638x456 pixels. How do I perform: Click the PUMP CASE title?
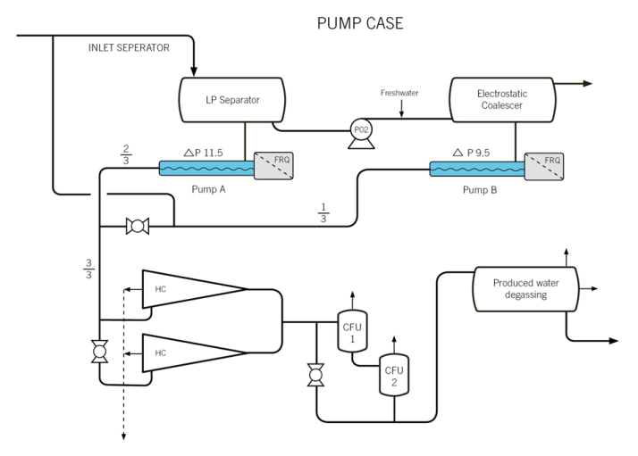click(x=360, y=22)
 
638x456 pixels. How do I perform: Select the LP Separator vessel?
click(x=232, y=100)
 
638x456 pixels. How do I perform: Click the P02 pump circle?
click(x=361, y=129)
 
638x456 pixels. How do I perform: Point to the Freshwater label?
click(x=400, y=93)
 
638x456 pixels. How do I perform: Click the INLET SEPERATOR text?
click(x=128, y=47)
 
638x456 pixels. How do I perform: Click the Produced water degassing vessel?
click(x=525, y=289)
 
